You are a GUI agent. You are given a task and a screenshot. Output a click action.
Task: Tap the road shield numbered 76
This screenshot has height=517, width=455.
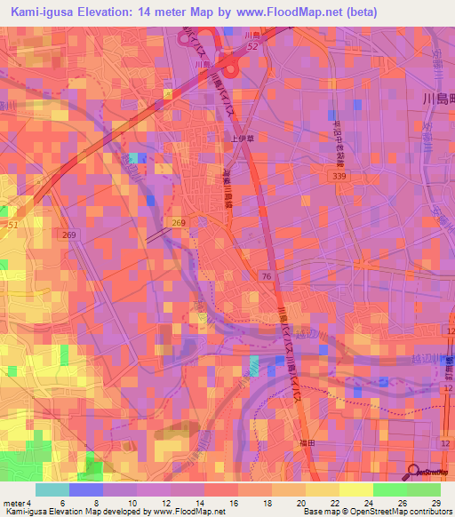pyautogui.click(x=267, y=278)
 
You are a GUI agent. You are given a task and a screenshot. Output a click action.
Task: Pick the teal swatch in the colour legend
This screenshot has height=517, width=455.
pyautogui.click(x=52, y=489)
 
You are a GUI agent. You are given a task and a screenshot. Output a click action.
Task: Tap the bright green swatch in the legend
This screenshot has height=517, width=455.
pyautogui.click(x=389, y=489)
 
